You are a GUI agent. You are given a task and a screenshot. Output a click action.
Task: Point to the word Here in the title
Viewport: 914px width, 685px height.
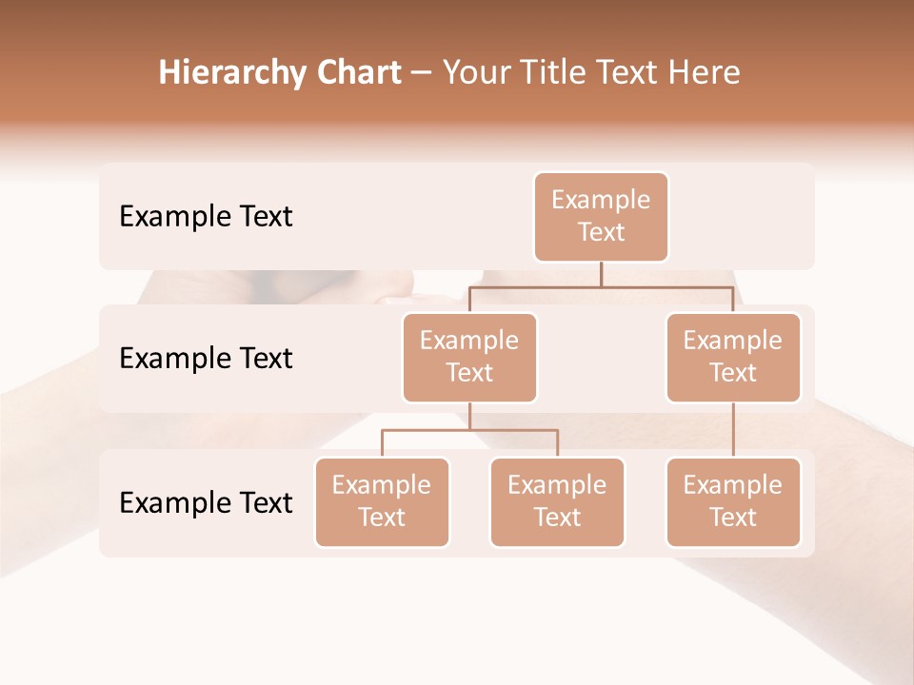pyautogui.click(x=703, y=73)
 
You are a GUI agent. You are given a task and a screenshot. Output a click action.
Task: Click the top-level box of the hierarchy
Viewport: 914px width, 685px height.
pyautogui.click(x=601, y=217)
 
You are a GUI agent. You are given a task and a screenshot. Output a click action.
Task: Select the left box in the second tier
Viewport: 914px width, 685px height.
pyautogui.click(x=469, y=358)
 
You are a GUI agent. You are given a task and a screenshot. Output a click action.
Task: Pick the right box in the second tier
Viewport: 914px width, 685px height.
pyautogui.click(x=733, y=358)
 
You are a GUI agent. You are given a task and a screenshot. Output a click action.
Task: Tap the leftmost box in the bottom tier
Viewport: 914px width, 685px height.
pyautogui.click(x=382, y=502)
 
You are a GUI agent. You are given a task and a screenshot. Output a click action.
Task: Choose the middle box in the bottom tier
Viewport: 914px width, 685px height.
pyautogui.click(x=557, y=502)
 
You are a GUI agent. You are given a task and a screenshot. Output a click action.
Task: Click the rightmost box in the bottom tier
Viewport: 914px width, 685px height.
pyautogui.click(x=733, y=502)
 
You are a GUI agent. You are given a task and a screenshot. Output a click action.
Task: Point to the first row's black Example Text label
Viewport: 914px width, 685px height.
pyautogui.click(x=206, y=217)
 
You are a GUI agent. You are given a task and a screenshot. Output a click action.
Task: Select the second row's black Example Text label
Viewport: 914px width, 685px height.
pyautogui.click(x=206, y=359)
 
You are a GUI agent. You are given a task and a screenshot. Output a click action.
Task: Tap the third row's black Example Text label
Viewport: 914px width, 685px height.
pyautogui.click(x=206, y=503)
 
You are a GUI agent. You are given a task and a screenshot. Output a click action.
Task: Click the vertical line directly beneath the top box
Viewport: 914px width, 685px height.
pyautogui.click(x=601, y=274)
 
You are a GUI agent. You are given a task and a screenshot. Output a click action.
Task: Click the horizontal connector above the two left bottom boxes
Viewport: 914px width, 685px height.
pyautogui.click(x=469, y=430)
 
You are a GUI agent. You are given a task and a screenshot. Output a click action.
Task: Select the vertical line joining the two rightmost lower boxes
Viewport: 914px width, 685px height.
pyautogui.click(x=733, y=430)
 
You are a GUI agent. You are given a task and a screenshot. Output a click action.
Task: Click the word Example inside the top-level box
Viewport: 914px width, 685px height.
pyautogui.click(x=601, y=200)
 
